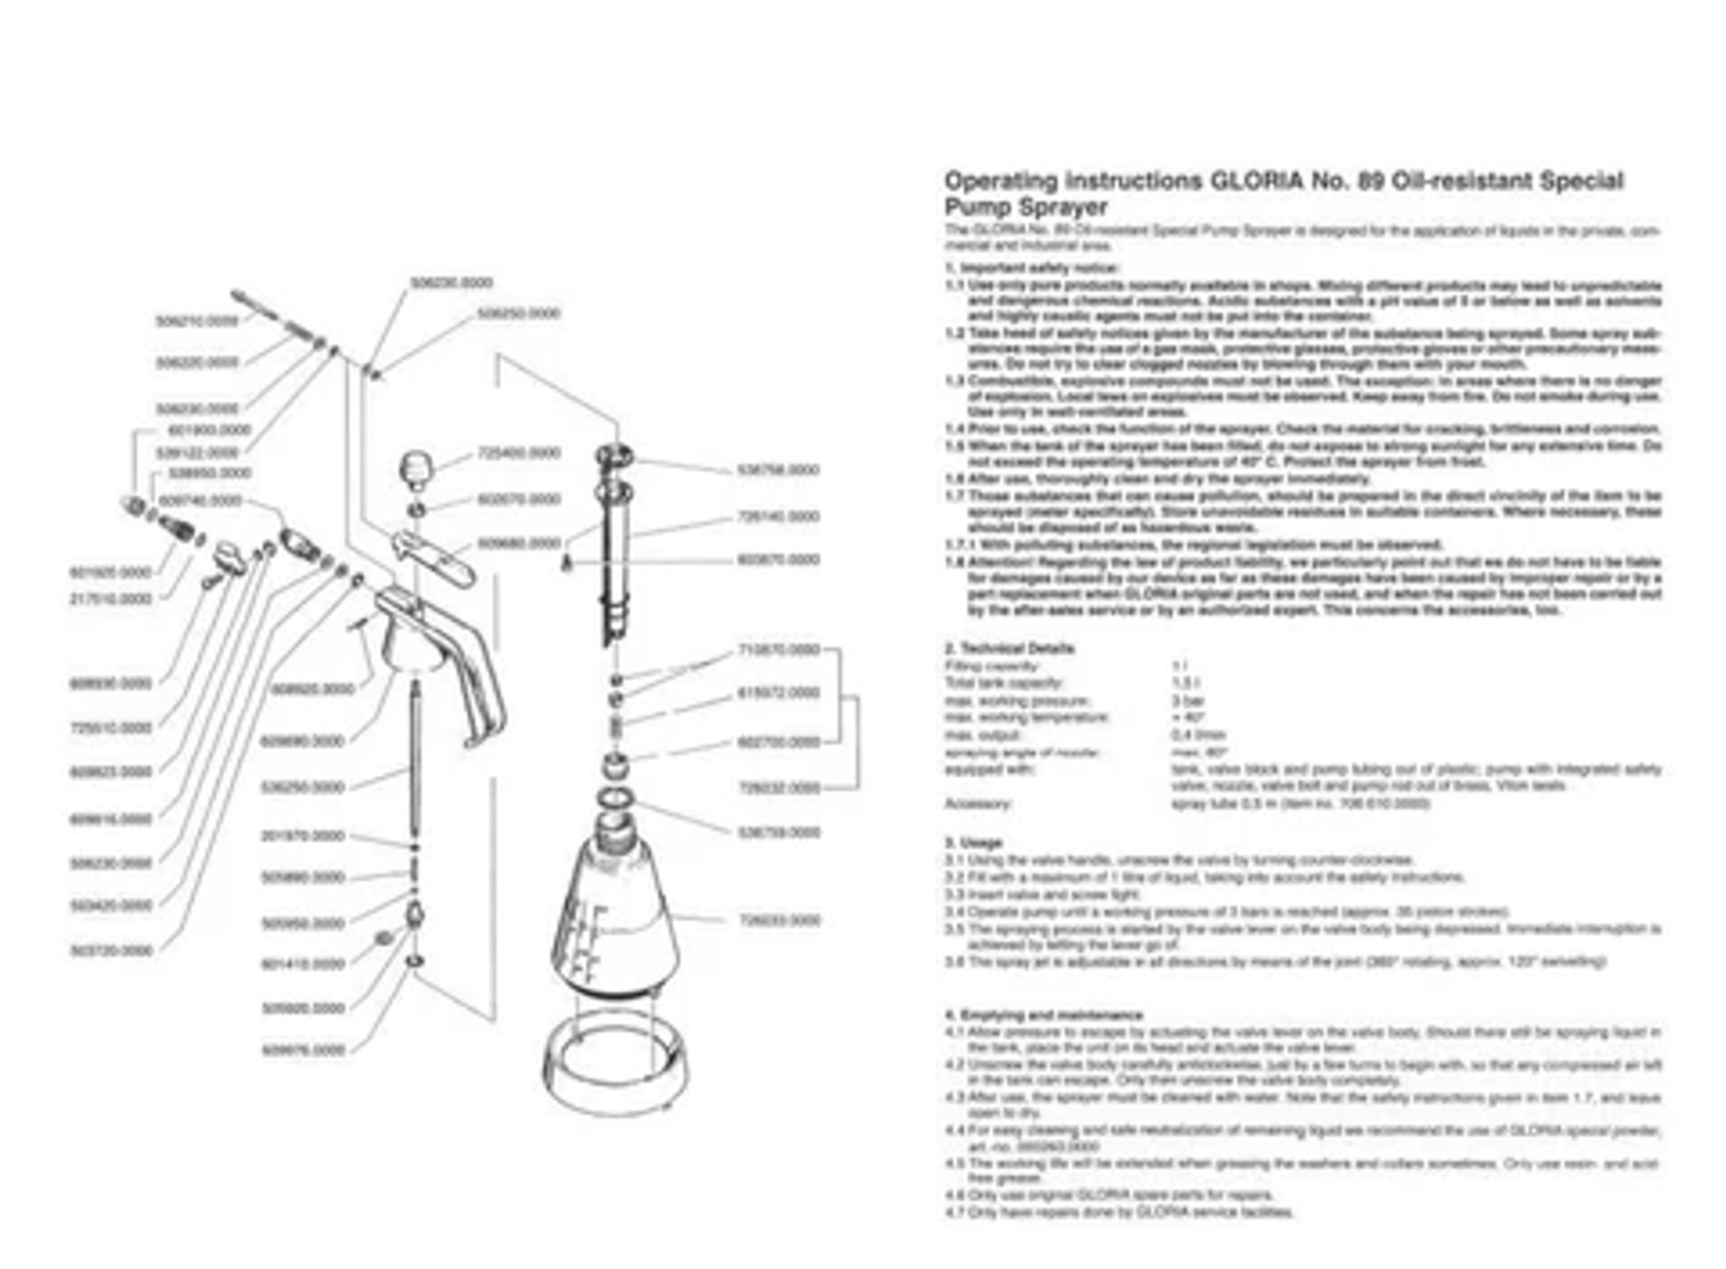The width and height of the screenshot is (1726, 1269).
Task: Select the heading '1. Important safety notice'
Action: point(1032,268)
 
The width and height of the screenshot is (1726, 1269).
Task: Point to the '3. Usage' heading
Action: point(973,842)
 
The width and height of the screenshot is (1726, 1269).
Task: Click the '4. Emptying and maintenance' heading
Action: point(1044,1015)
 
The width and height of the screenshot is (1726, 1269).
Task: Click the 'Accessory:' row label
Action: point(977,803)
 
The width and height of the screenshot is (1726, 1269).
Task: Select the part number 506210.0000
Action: point(197,322)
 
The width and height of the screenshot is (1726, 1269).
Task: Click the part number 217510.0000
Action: point(111,598)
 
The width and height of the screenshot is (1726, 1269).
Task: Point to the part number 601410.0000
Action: point(303,964)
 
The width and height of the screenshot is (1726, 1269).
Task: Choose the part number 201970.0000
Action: point(303,836)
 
